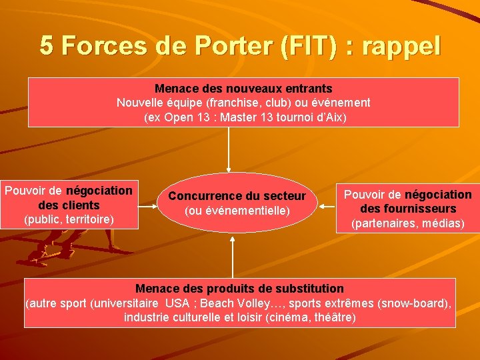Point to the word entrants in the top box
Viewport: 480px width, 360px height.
point(308,88)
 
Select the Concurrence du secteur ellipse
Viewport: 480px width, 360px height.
point(237,203)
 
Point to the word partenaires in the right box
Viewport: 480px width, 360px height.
point(385,223)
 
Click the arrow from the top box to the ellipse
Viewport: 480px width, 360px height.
point(229,150)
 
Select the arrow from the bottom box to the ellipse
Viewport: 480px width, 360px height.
point(233,257)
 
